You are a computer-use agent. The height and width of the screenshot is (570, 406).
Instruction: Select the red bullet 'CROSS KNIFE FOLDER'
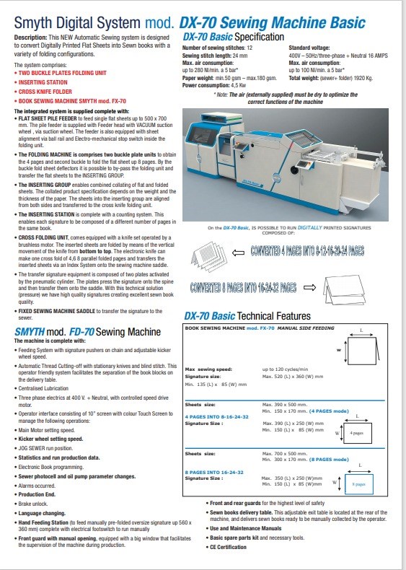[46, 92]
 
